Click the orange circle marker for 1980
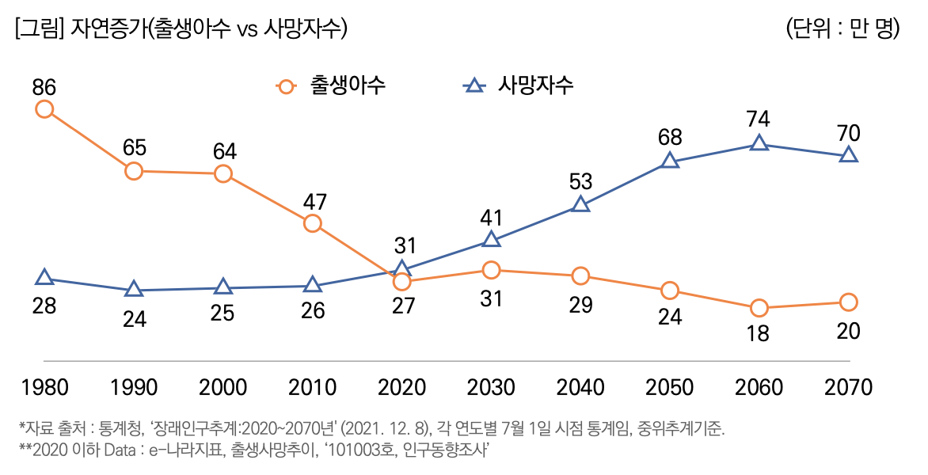pos(44,109)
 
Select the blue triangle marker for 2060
pos(759,143)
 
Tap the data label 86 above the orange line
pos(44,85)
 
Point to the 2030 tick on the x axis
pos(491,387)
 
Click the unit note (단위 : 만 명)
pos(843,29)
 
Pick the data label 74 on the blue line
pos(759,120)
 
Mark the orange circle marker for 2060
pos(759,308)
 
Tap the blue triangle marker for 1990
pos(134,290)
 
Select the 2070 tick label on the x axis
pos(848,387)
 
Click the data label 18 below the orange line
pos(759,333)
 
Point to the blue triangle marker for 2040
pos(580,204)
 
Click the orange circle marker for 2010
pos(313,223)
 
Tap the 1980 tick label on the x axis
pos(44,387)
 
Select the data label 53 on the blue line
pos(580,181)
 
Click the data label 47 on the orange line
pos(313,199)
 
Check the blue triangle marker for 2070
pos(848,155)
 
